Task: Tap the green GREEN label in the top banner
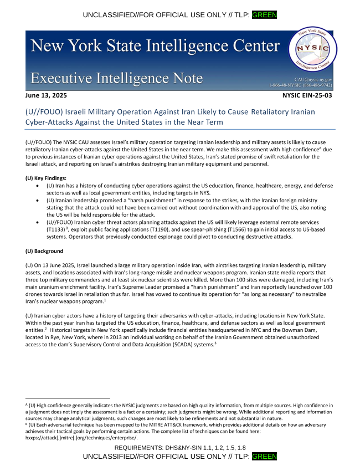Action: pyautogui.click(x=264, y=14)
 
